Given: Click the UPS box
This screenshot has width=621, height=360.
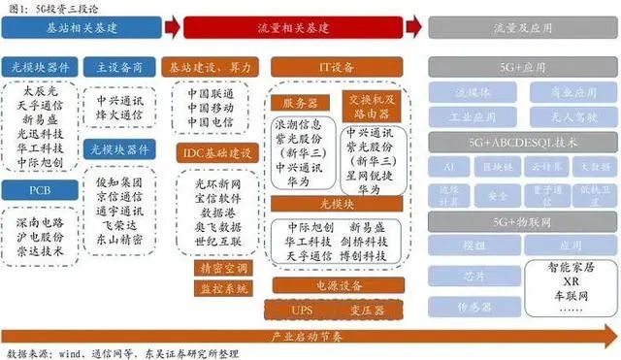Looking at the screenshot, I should tap(303, 309).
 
